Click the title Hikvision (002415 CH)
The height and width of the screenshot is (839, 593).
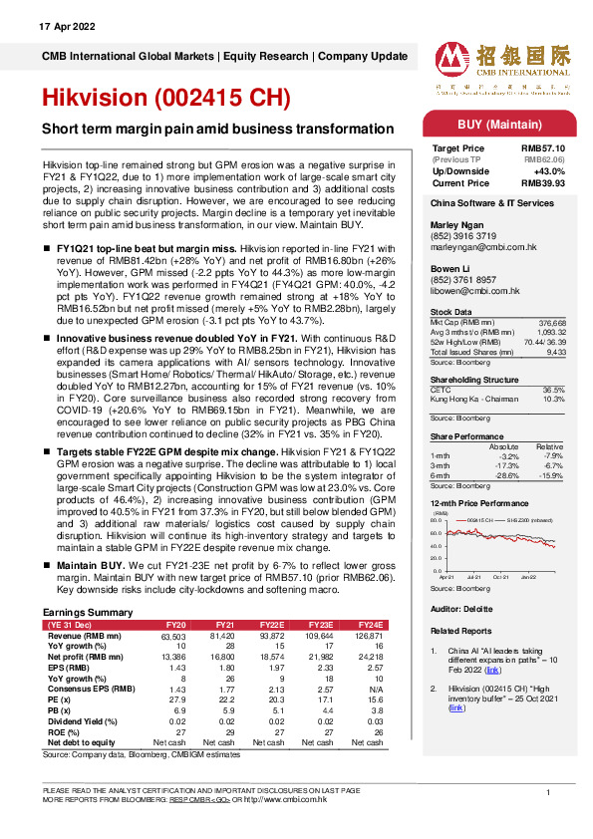coord(165,99)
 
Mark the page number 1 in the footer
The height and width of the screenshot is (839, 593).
coord(548,791)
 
